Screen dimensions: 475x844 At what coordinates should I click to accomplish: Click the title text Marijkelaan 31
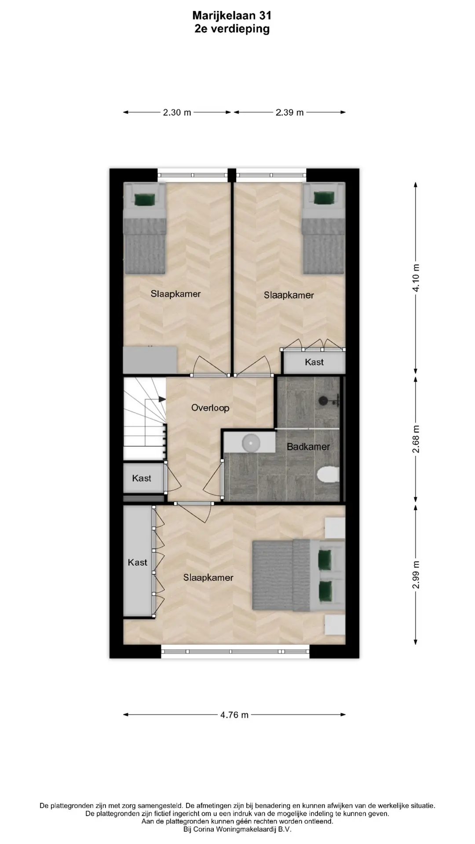pyautogui.click(x=232, y=16)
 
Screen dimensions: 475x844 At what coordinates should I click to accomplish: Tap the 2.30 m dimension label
pyautogui.click(x=177, y=113)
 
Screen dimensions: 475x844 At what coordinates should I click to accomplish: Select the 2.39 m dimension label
pyautogui.click(x=290, y=113)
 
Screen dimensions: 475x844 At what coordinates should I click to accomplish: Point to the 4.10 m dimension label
pyautogui.click(x=416, y=277)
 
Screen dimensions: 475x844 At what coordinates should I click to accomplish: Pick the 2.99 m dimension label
pyautogui.click(x=416, y=575)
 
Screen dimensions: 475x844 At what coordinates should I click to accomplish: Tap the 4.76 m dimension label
pyautogui.click(x=234, y=715)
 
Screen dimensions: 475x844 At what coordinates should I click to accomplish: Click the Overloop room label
pyautogui.click(x=210, y=408)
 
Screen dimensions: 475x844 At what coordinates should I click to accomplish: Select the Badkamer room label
pyautogui.click(x=308, y=447)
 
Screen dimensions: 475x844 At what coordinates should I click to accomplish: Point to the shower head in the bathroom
pyautogui.click(x=324, y=400)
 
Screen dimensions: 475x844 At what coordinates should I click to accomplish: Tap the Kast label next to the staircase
pyautogui.click(x=142, y=478)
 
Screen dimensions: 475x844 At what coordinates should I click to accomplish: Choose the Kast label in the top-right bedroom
pyautogui.click(x=314, y=362)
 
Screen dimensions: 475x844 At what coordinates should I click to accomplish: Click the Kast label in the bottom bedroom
pyautogui.click(x=138, y=562)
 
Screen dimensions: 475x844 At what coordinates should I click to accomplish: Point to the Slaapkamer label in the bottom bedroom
pyautogui.click(x=208, y=578)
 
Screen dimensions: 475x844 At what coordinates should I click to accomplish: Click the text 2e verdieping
pyautogui.click(x=232, y=29)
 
